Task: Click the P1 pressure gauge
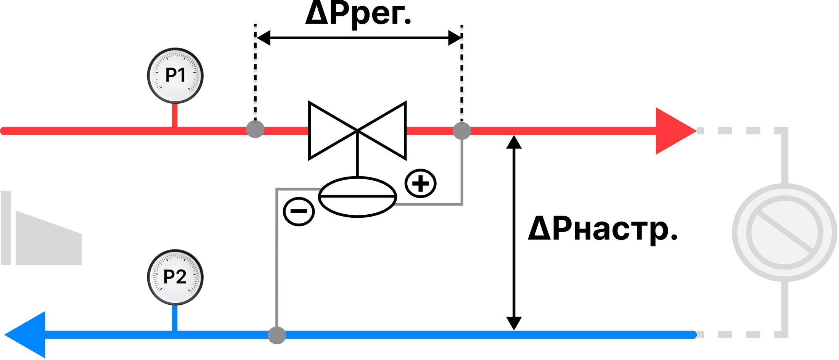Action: click(175, 76)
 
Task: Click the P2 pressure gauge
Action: click(175, 277)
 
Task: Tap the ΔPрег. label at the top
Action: click(358, 14)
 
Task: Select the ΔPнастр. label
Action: click(602, 229)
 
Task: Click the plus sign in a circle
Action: click(421, 183)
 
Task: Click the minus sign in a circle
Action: click(299, 211)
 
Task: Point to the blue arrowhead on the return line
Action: click(25, 334)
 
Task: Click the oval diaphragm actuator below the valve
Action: click(358, 197)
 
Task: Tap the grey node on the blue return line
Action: click(277, 335)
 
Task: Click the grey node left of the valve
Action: click(255, 129)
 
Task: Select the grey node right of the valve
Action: click(462, 131)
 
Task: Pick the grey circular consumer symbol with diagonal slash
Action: click(784, 233)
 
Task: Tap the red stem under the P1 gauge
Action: click(175, 115)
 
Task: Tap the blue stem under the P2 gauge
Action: click(175, 318)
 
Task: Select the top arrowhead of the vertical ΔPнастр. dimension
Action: click(514, 142)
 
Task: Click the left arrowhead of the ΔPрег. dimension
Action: click(263, 38)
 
